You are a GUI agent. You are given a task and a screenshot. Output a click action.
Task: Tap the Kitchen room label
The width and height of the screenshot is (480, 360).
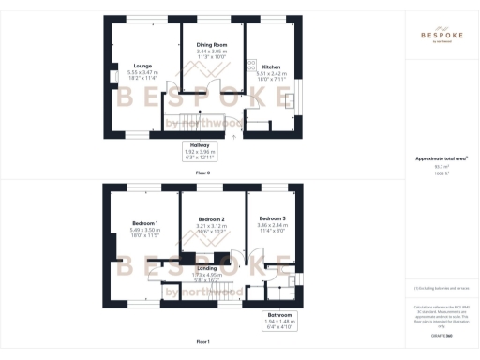(x=271, y=67)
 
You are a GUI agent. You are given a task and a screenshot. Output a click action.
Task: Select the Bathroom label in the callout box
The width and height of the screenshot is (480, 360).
(x=277, y=314)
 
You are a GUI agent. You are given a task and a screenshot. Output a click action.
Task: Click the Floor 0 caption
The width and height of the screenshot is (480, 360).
(x=202, y=174)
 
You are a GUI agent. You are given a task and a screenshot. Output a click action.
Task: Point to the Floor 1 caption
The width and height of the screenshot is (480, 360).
(x=202, y=342)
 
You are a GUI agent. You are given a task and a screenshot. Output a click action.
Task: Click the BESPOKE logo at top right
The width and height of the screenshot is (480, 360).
(x=442, y=35)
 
